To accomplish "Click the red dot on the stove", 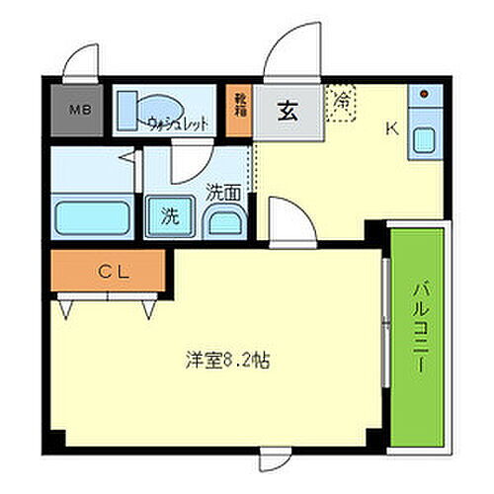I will (x=424, y=95).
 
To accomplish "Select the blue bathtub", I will (x=91, y=215).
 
